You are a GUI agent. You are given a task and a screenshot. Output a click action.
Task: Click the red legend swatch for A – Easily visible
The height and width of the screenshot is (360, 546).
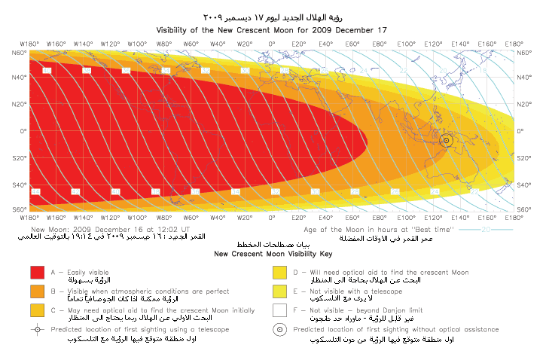(x=37, y=273)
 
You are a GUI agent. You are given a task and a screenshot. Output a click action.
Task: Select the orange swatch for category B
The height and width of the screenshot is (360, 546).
(x=37, y=291)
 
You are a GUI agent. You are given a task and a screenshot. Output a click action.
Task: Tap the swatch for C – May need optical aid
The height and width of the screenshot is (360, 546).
(x=37, y=310)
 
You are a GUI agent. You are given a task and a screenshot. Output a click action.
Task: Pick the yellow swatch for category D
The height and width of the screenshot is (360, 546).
(x=280, y=273)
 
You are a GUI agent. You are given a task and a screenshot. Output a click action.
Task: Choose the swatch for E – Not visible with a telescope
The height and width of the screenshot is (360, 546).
(x=280, y=291)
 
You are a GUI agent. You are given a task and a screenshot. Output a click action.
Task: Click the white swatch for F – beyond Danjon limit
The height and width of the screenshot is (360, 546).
(x=280, y=310)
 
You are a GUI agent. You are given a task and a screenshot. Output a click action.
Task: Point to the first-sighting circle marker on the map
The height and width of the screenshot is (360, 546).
(x=446, y=140)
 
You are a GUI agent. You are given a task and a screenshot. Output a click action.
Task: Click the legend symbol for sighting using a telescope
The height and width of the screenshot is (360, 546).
(x=37, y=330)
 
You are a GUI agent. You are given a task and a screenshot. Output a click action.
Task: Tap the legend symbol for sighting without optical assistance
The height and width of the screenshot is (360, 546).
(x=280, y=330)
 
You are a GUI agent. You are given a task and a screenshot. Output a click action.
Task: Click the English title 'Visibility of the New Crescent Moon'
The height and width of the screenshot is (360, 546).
(x=272, y=31)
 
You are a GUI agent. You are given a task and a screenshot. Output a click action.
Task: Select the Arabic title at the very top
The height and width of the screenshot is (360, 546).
(x=273, y=16)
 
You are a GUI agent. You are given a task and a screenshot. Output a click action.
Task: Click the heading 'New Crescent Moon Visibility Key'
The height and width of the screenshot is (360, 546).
(x=273, y=255)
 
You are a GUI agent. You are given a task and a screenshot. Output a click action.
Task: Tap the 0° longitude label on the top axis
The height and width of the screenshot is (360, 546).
(x=273, y=44)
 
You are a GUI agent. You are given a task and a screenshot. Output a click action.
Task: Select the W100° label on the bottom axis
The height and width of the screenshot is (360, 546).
(x=137, y=217)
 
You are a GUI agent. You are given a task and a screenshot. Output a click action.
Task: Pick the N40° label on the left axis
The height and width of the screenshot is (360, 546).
(x=19, y=78)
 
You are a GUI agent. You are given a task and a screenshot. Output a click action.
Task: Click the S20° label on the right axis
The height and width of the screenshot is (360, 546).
(x=526, y=157)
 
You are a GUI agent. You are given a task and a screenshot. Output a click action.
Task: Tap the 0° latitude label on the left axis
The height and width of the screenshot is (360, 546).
(x=23, y=130)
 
